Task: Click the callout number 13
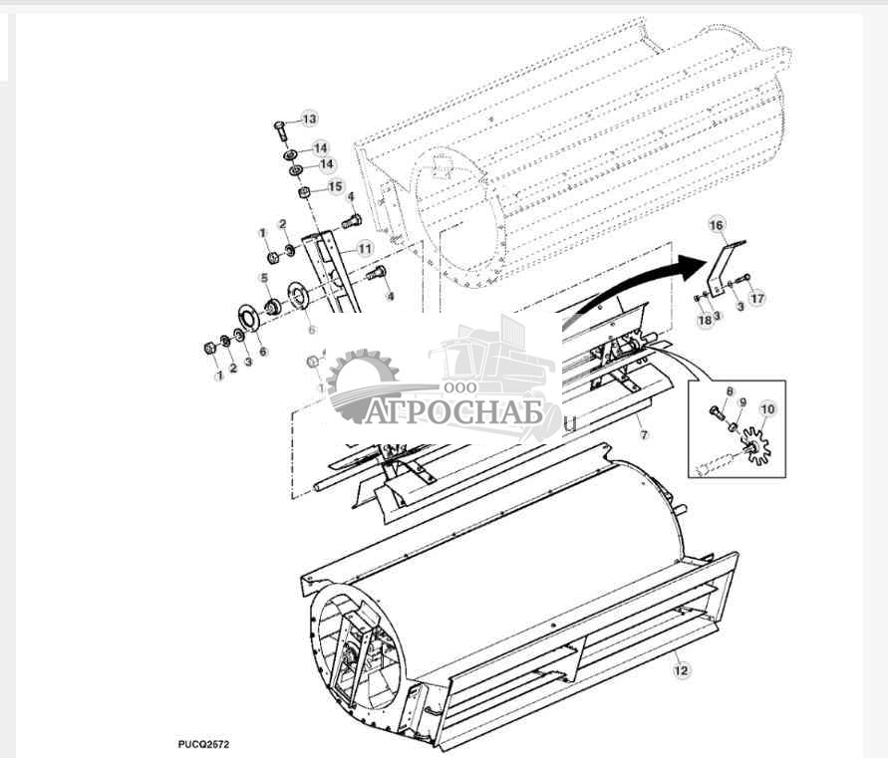pyautogui.click(x=309, y=120)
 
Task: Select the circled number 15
pyautogui.click(x=334, y=186)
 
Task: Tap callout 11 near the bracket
pyautogui.click(x=365, y=247)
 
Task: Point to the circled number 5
pyautogui.click(x=264, y=278)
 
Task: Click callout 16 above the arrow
pyautogui.click(x=716, y=226)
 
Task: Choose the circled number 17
pyautogui.click(x=758, y=297)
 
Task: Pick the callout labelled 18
pyautogui.click(x=705, y=319)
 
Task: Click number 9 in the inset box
pyautogui.click(x=741, y=403)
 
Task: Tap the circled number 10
pyautogui.click(x=767, y=409)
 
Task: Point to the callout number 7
pyautogui.click(x=644, y=436)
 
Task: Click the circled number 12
pyautogui.click(x=681, y=670)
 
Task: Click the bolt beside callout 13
pyautogui.click(x=279, y=128)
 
